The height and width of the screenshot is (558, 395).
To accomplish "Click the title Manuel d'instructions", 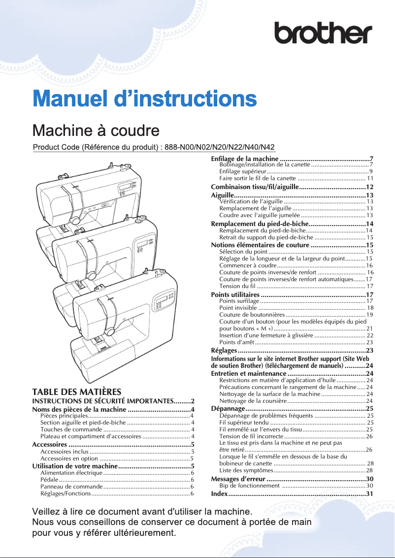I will coord(144,98).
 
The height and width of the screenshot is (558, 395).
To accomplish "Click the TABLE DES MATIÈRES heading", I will coord(76,392).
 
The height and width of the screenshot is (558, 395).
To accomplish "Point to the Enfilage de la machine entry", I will coord(245,159).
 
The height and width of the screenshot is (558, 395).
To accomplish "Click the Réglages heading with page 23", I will coord(224,350).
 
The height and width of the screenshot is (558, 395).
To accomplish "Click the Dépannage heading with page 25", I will coord(228,408).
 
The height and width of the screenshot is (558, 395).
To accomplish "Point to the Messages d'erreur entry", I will coord(238,479).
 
